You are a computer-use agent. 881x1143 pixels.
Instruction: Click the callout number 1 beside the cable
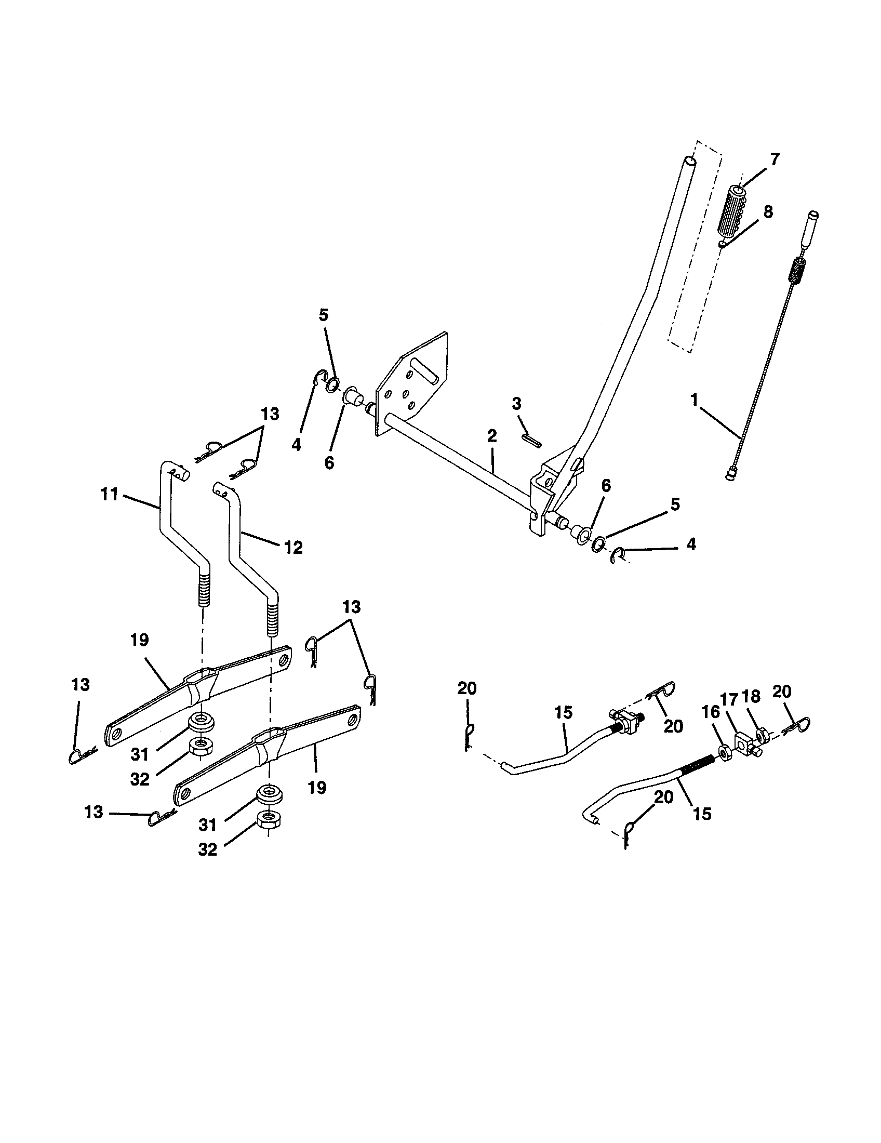[x=694, y=401]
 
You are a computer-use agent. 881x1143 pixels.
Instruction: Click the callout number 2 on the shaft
[x=492, y=435]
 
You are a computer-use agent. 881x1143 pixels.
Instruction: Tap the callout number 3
[x=516, y=403]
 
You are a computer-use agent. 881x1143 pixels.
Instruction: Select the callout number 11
[x=109, y=494]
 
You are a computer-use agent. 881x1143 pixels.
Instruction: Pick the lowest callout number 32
[x=208, y=849]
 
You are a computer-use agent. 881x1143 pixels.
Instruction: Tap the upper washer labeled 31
[x=201, y=721]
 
